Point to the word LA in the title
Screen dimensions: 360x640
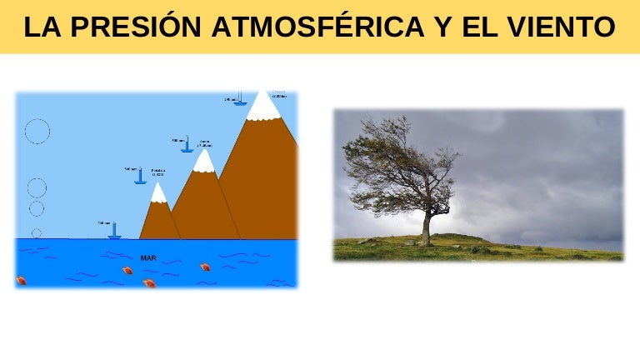42,27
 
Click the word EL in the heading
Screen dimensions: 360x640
484,27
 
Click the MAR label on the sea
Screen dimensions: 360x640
148,258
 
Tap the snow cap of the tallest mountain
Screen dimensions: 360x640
263,107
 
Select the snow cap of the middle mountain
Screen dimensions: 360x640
203,162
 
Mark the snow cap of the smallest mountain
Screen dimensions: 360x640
158,195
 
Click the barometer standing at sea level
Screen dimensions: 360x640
114,231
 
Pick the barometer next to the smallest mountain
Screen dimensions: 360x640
141,176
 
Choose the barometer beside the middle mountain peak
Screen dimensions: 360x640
187,145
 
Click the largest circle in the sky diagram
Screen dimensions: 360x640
37,131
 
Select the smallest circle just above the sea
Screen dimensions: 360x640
36,232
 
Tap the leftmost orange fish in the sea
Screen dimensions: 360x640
22,280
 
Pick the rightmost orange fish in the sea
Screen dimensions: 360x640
204,267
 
